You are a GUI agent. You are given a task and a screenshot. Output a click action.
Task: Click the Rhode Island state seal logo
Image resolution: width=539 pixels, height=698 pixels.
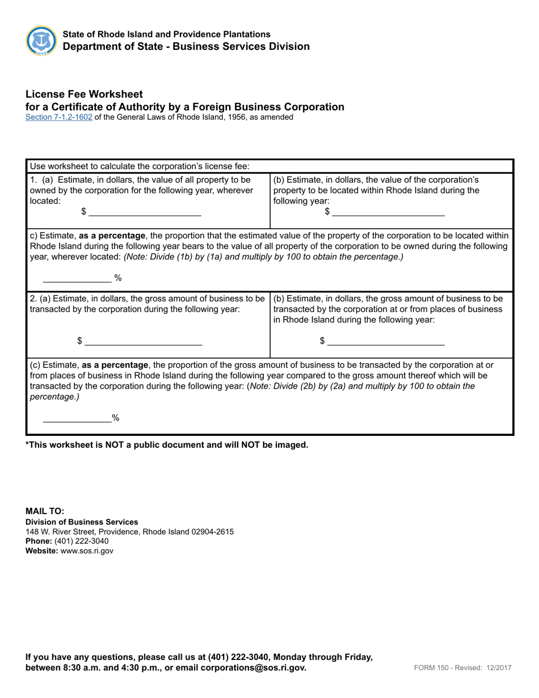pos(41,41)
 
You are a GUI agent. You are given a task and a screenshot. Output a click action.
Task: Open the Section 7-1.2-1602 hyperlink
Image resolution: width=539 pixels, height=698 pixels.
pos(58,117)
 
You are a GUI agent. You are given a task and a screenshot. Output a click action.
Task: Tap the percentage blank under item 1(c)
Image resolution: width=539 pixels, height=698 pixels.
pos(77,278)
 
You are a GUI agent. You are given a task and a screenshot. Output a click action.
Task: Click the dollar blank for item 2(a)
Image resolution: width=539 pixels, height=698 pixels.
pos(142,342)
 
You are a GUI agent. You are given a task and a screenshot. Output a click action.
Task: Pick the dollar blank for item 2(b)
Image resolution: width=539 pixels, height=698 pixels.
pos(386,342)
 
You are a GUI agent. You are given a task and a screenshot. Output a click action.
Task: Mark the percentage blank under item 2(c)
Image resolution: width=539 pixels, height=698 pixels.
pos(77,418)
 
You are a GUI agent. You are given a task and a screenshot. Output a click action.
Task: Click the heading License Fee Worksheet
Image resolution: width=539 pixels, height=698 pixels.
pos(84,94)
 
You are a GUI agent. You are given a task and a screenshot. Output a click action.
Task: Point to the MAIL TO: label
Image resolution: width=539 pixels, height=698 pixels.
pos(45,511)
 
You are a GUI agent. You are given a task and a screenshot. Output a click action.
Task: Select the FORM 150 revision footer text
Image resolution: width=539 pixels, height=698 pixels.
pos(463,668)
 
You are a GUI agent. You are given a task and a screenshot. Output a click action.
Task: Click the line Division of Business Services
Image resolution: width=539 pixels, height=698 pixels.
pos(82,522)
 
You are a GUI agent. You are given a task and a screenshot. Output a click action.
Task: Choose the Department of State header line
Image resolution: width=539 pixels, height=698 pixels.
pos(186,47)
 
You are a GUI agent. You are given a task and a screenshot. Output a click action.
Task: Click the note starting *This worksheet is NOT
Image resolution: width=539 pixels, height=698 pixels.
pos(167,445)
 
